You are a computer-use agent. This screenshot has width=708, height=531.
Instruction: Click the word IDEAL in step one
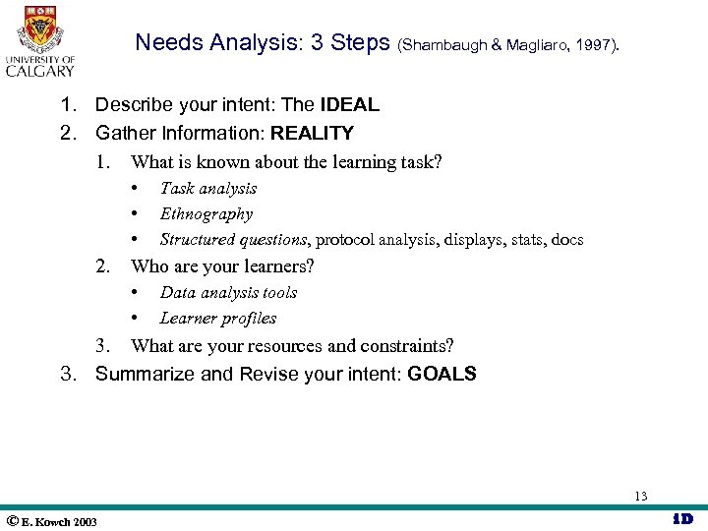coord(349,105)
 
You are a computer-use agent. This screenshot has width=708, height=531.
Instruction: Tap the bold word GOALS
coord(442,374)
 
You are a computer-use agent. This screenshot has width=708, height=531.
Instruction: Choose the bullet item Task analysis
coord(208,189)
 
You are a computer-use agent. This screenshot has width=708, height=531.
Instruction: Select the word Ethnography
coord(206,214)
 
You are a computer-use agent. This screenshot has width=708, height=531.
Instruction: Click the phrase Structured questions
coord(233,240)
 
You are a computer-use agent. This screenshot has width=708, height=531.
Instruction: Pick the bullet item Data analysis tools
coord(228,293)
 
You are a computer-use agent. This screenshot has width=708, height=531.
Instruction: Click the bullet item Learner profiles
coord(218,319)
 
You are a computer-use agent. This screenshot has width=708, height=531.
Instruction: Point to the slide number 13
coord(641,496)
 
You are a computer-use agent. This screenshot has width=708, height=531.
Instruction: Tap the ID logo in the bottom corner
coord(682,519)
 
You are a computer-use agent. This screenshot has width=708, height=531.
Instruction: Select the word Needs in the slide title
coord(164,42)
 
